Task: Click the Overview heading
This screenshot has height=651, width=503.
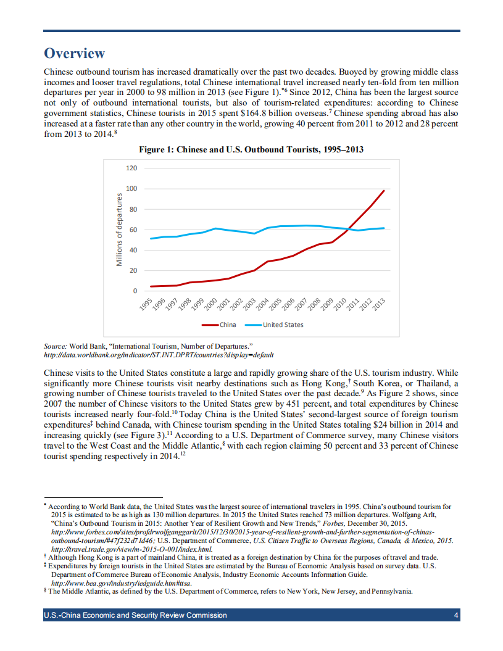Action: click(x=75, y=54)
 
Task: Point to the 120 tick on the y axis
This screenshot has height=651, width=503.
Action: click(x=131, y=168)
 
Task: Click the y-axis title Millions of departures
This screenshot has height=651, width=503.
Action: click(x=119, y=230)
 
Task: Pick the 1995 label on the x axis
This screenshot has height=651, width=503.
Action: click(x=146, y=304)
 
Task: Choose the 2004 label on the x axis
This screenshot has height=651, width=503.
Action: click(x=263, y=304)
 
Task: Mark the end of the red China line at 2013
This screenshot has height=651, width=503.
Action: click(x=384, y=191)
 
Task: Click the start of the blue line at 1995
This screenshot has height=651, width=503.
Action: click(x=151, y=238)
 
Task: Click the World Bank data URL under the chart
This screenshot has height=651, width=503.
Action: click(x=159, y=355)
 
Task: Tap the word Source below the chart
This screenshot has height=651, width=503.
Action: click(x=56, y=347)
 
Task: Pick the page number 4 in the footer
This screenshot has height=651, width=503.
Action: click(x=455, y=615)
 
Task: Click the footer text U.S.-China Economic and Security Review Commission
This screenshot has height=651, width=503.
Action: click(x=135, y=615)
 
